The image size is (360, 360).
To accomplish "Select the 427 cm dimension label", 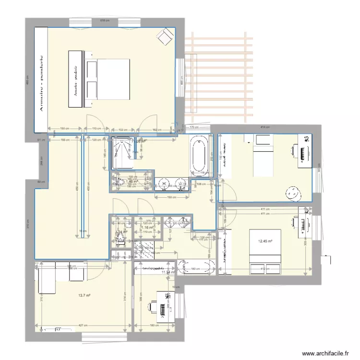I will [x=83, y=325].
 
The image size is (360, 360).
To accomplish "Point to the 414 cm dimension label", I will [x=265, y=127].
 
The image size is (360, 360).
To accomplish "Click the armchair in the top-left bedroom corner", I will [x=166, y=35].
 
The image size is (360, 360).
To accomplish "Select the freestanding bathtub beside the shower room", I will [x=198, y=154].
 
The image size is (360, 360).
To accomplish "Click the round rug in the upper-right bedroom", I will [x=293, y=193].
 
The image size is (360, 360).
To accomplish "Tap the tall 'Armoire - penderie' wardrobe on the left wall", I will [x=41, y=79].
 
